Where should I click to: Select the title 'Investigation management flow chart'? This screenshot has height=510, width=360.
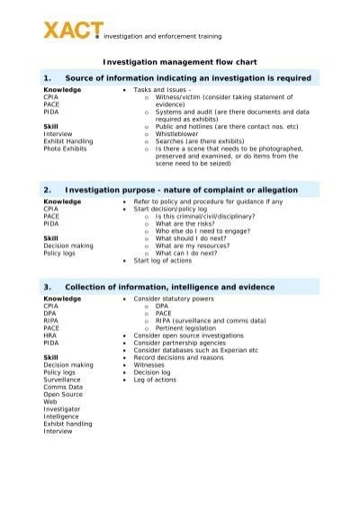[x=179, y=63]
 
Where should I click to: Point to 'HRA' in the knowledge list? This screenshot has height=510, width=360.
[x=49, y=335]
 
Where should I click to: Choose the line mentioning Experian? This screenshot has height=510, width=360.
[x=202, y=350]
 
